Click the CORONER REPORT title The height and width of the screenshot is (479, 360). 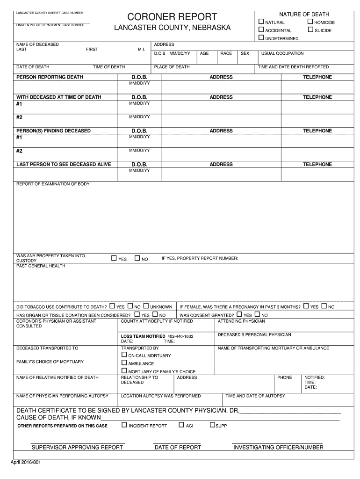173,17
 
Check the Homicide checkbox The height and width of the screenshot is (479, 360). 310,22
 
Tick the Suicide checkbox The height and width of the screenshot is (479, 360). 310,30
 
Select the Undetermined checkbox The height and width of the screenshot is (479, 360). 261,38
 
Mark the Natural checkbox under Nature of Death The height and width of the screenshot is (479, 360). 261,22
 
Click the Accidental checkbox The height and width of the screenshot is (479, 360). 261,30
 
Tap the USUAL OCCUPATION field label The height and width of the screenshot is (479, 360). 282,54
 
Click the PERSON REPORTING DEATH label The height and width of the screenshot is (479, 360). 50,77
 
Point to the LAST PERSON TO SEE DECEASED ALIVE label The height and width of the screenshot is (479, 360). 64,165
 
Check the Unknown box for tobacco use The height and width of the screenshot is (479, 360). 146,306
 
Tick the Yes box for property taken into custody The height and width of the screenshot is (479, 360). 114,258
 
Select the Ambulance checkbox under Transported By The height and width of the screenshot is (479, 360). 124,363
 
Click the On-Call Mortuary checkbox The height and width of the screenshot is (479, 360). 124,355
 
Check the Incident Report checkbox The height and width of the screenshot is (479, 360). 124,425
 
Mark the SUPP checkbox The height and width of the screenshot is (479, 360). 212,425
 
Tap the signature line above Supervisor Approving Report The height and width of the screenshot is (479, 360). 78,443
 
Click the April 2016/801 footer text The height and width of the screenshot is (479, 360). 26,463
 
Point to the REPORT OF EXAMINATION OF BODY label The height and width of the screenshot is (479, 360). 53,184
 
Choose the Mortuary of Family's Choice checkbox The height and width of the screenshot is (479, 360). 124,371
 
